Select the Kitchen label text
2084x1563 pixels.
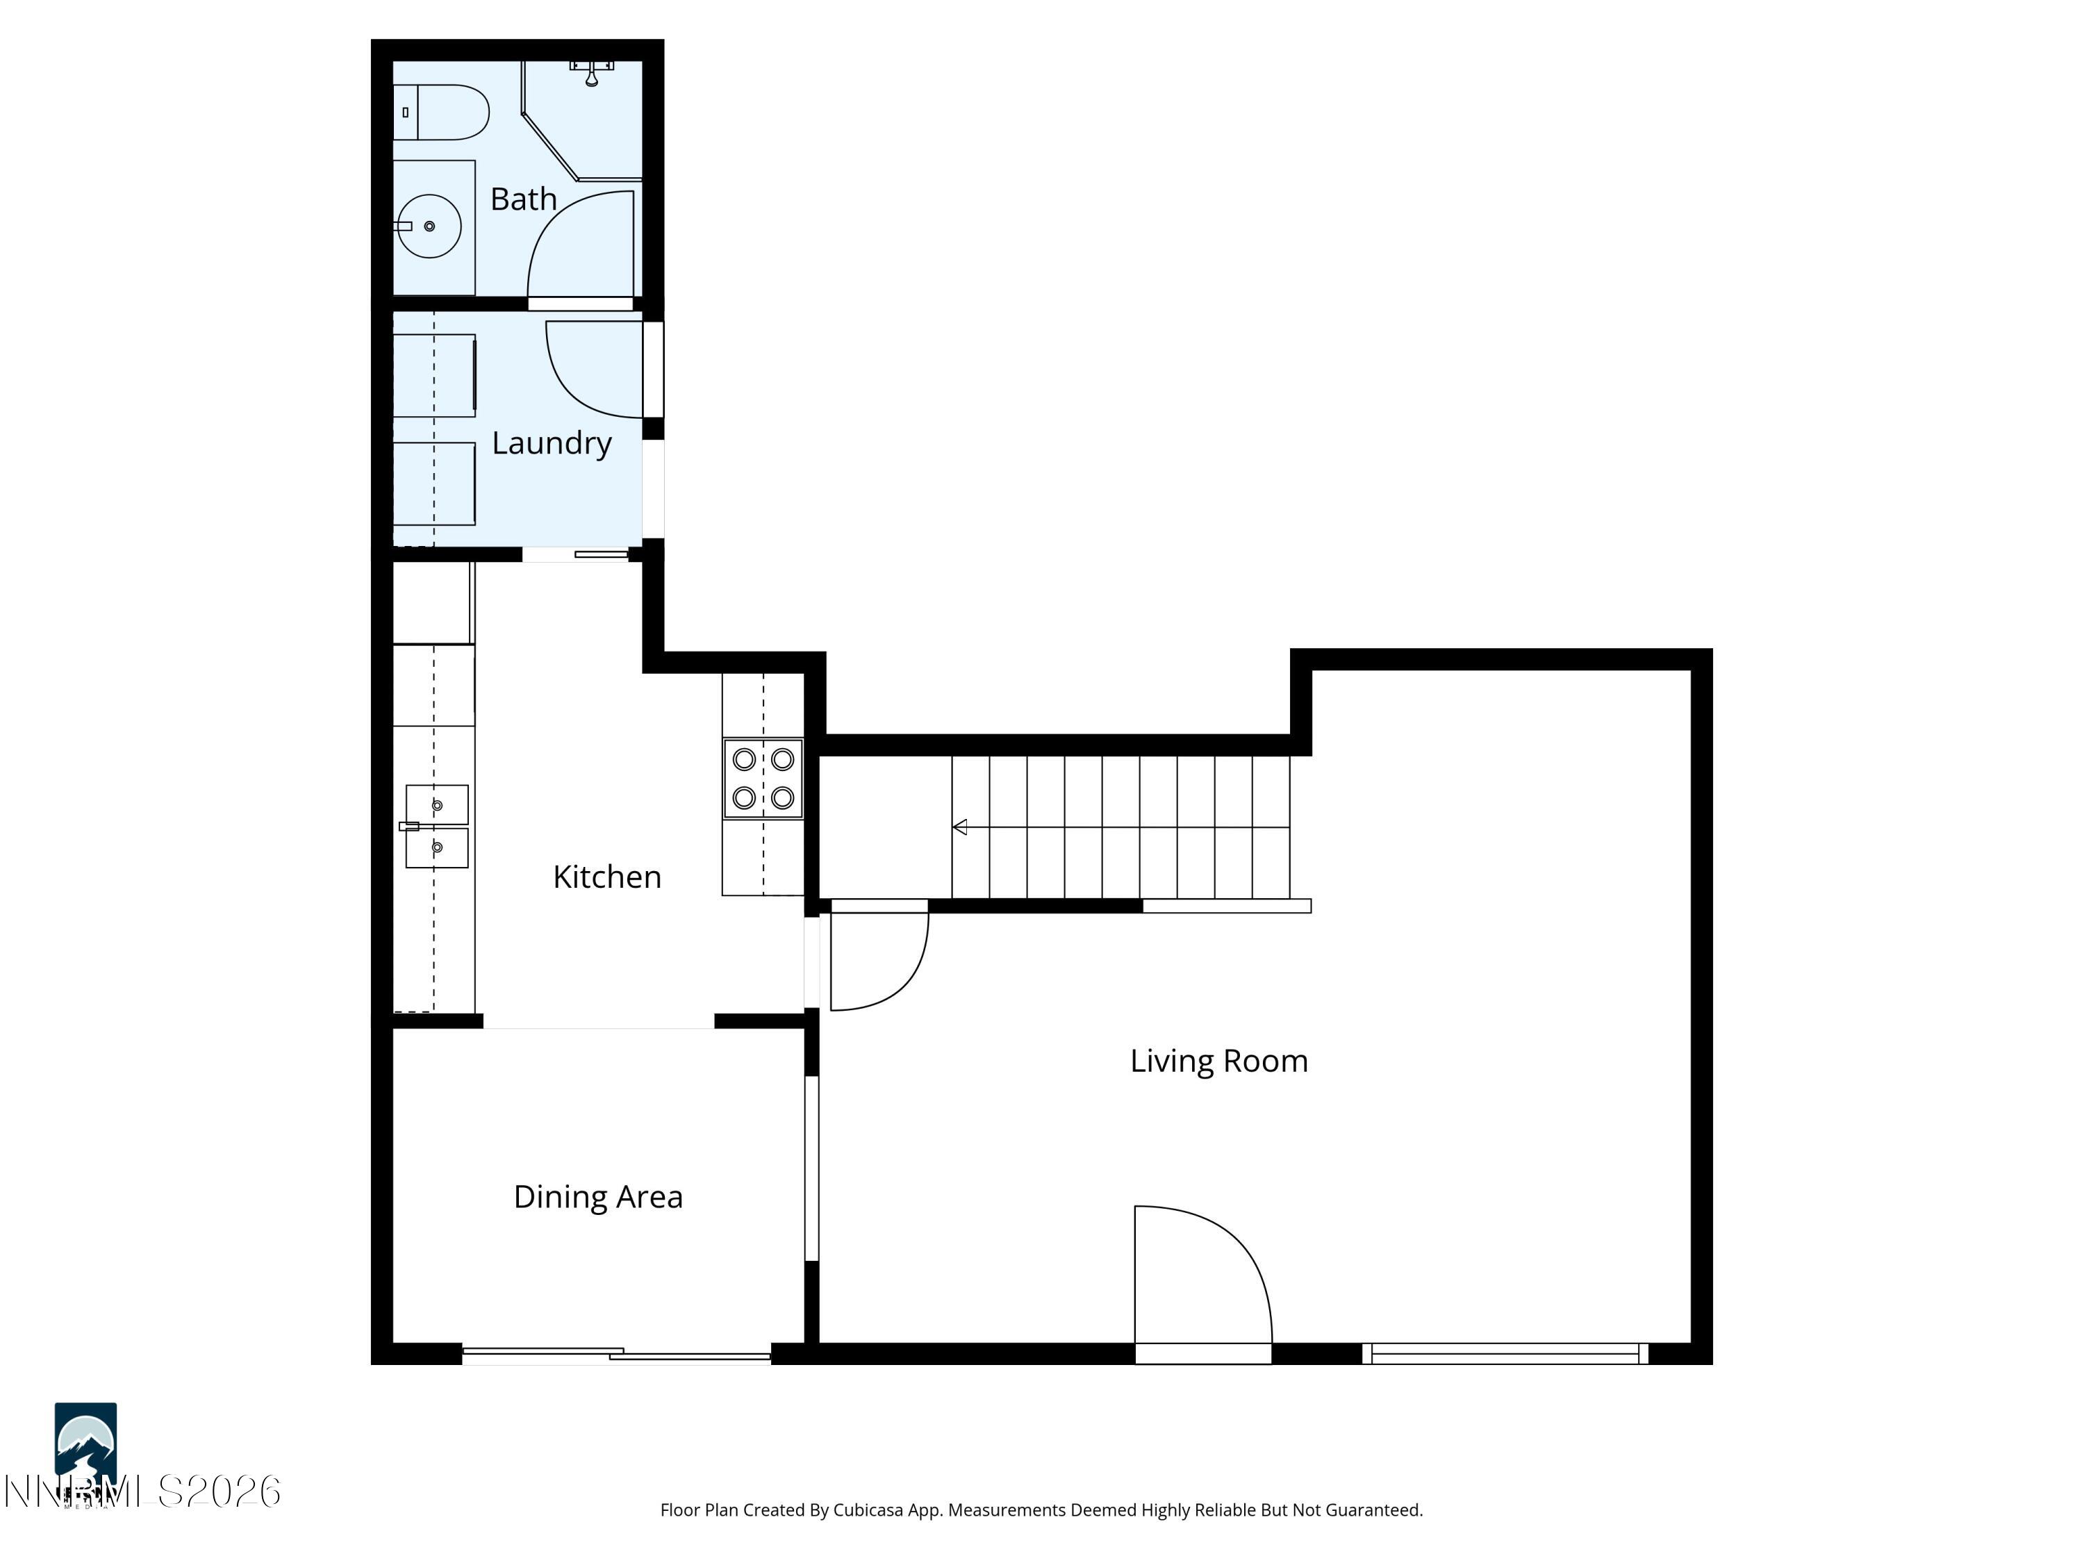pyautogui.click(x=606, y=877)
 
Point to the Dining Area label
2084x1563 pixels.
pyautogui.click(x=597, y=1196)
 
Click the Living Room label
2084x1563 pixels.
pyautogui.click(x=1218, y=1061)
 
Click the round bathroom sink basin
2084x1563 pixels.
pyautogui.click(x=429, y=226)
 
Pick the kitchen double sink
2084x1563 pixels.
pyautogui.click(x=436, y=826)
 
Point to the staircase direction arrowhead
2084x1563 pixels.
pyautogui.click(x=960, y=827)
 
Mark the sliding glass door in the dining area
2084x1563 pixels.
pyautogui.click(x=617, y=1355)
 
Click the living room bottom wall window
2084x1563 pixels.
pyautogui.click(x=1505, y=1354)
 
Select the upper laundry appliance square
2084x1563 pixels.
pyautogui.click(x=433, y=375)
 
